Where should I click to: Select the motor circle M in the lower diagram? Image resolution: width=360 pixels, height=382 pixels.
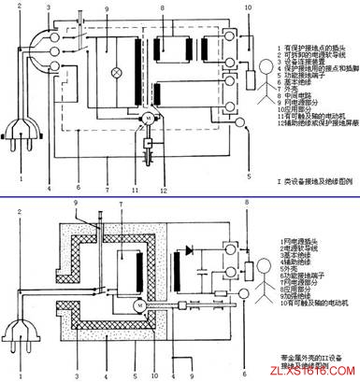point(137,305)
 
